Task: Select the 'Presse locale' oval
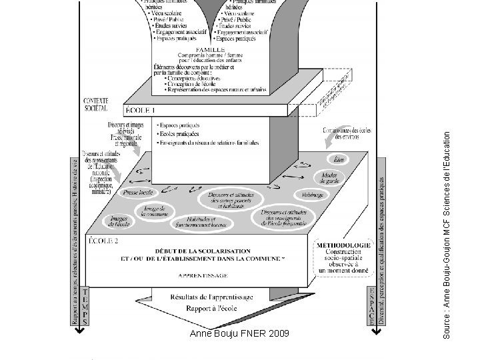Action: click(138, 193)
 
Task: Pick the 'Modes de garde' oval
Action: click(329, 177)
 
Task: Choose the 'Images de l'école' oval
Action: click(120, 221)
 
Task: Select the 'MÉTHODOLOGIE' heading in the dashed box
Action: click(343, 245)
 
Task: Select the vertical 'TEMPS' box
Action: click(85, 307)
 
